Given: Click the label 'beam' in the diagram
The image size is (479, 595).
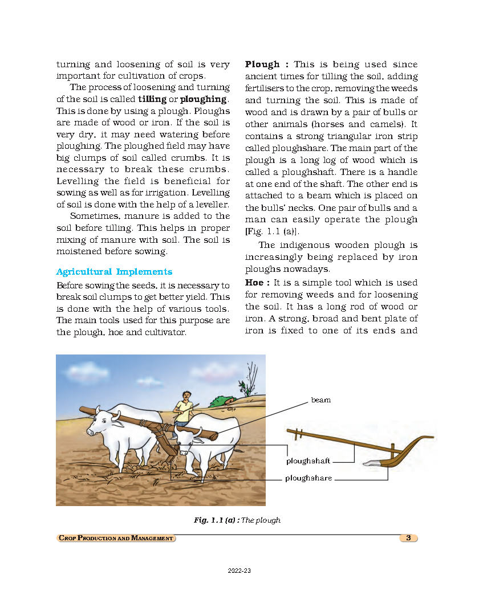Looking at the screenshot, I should pos(320,400).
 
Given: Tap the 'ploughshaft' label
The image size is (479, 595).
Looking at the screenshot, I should pos(308,461).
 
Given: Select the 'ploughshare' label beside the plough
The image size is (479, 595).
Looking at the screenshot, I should pos(308,478).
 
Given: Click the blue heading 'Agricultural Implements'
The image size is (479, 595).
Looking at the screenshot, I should pos(114,272).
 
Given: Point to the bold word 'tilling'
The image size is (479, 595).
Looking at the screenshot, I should pos(152,99).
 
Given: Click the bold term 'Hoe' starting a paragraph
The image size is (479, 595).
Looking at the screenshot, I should pos(255,283).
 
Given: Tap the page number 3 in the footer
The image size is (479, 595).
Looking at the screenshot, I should pos(408,537).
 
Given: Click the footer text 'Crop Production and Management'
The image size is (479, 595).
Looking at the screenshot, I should pos(116,538).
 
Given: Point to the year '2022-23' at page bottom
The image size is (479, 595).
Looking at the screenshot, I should pos(239,571).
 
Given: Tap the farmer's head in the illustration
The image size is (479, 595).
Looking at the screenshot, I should pos(186,394).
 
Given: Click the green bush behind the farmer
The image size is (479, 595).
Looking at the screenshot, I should pos(220,401).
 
